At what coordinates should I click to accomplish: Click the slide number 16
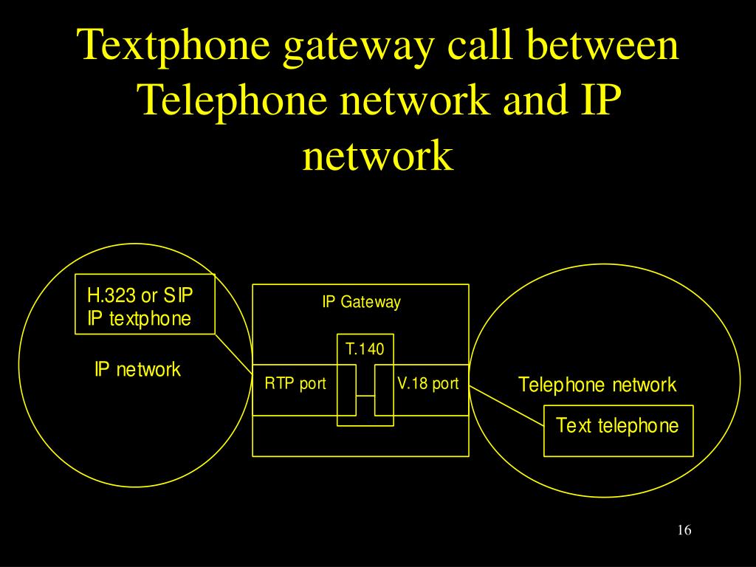[x=683, y=531]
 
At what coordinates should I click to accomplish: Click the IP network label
[x=137, y=369]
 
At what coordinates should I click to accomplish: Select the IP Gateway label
[x=361, y=302]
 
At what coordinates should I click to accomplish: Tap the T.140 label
[x=365, y=348]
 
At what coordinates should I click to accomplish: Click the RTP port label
[x=295, y=384]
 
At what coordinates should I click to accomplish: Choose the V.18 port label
[x=427, y=384]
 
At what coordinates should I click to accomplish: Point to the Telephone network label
[x=597, y=385]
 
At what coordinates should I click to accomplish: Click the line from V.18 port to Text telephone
[x=506, y=405]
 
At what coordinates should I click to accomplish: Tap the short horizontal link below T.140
[x=365, y=396]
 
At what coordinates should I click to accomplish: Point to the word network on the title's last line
[x=377, y=155]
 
